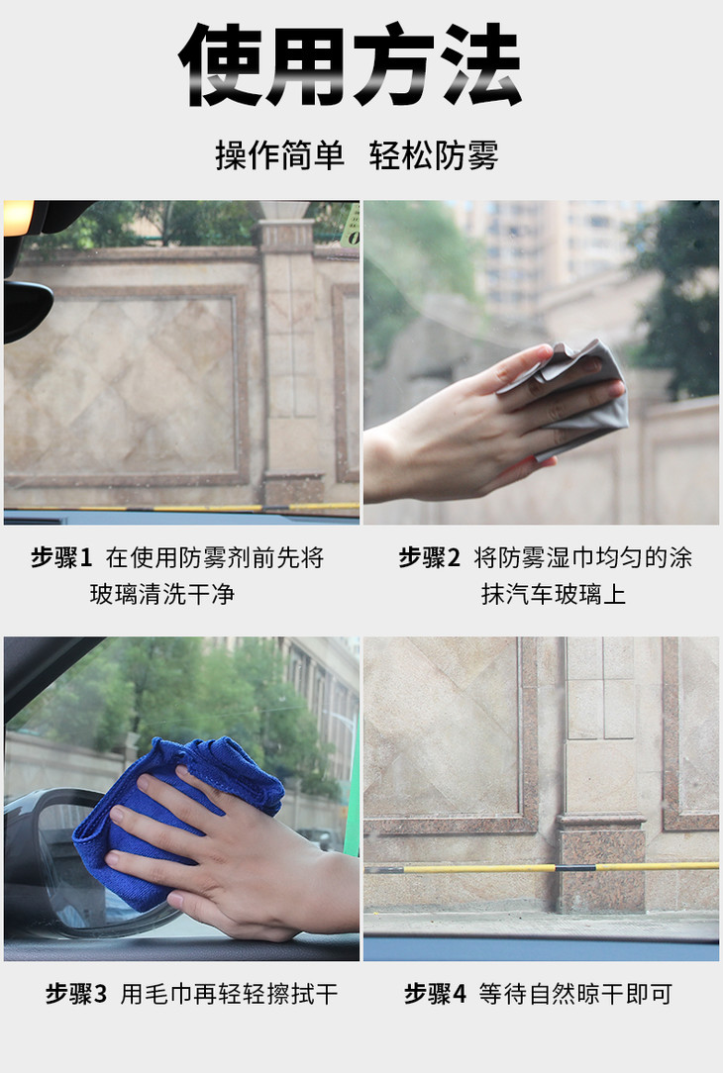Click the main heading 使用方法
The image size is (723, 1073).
point(350,64)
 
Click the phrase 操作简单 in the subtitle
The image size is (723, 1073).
point(279,155)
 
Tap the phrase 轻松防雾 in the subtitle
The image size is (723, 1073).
point(434,155)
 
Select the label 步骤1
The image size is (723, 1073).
point(61,557)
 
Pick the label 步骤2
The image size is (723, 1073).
point(429,557)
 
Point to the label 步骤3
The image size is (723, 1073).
point(76,994)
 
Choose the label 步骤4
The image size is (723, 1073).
point(435,994)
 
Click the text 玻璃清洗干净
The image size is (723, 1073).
point(162,594)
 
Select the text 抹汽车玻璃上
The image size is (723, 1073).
point(554,594)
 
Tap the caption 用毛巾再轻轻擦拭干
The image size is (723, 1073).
point(230,994)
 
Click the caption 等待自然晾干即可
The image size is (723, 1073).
point(575,994)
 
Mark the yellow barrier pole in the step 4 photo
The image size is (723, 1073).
point(541,868)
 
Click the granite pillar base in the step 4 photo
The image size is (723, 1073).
point(601,863)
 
